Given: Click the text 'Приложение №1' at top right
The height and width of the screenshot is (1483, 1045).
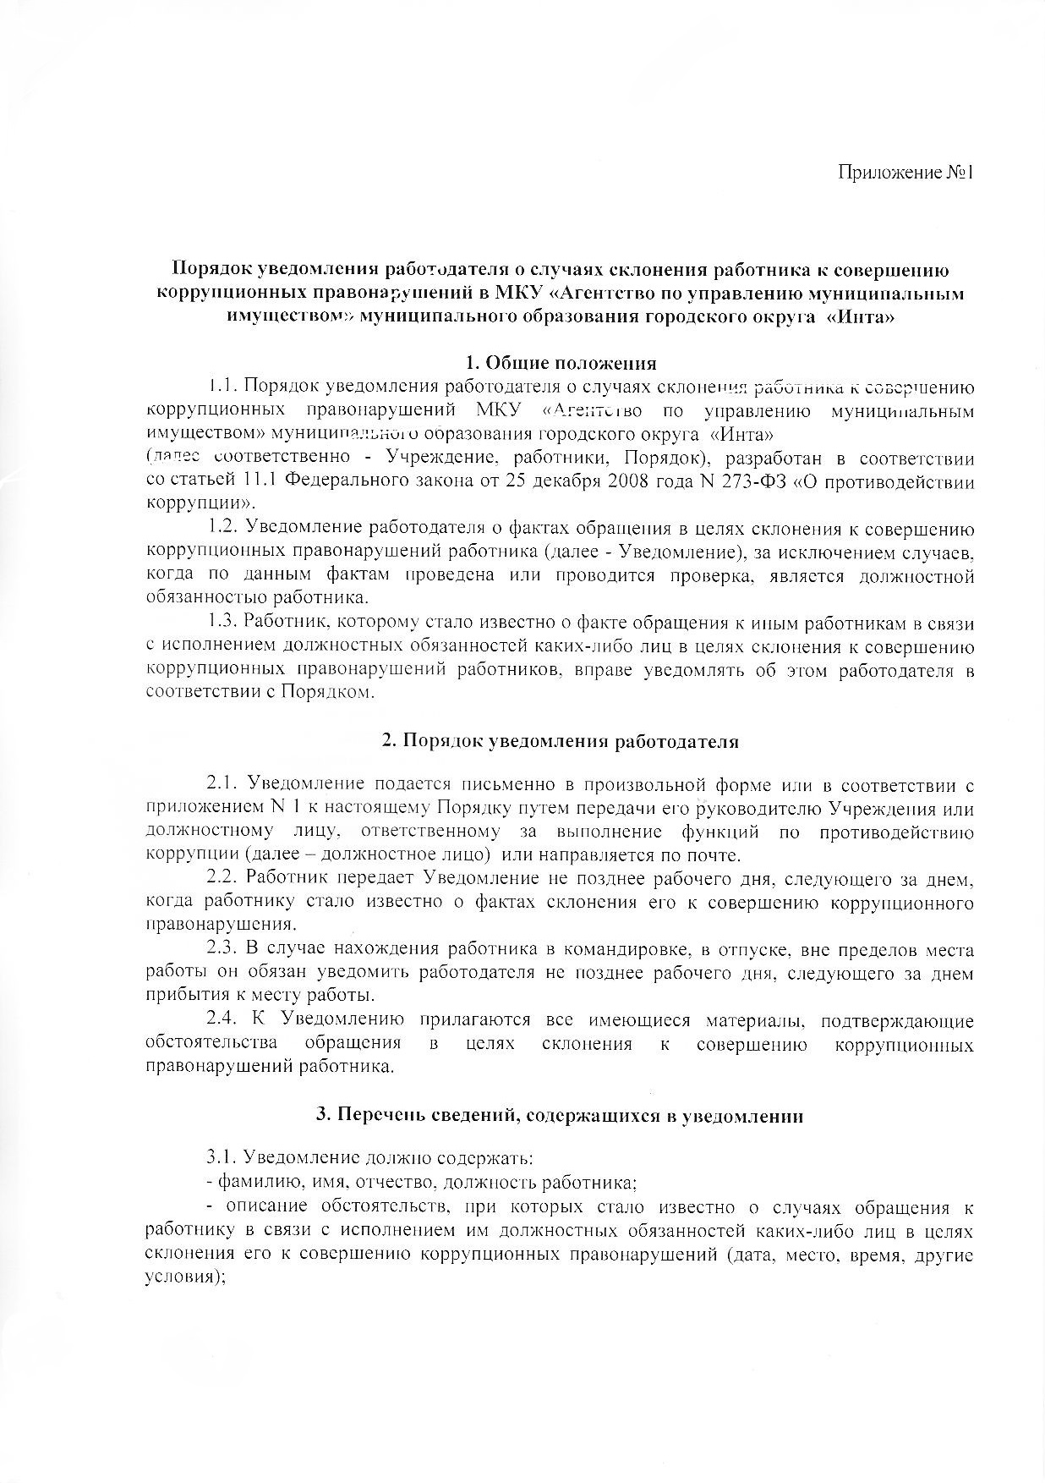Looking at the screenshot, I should click(906, 173).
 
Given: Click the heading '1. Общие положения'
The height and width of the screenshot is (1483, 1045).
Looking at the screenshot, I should click(561, 363).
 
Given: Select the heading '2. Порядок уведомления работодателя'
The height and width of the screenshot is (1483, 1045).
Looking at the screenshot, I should click(561, 741).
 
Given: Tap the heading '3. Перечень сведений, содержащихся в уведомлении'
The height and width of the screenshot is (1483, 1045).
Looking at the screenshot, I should click(560, 1115).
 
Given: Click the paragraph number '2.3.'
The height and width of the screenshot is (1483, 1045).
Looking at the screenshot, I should click(225, 950).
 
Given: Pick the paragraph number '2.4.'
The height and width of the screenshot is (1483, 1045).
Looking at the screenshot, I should click(226, 1020).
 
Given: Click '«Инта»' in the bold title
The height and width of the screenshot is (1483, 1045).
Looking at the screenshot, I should click(862, 318).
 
